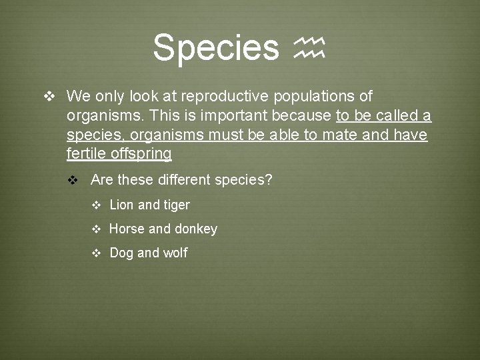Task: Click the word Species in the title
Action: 215,47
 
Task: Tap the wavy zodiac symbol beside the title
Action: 309,48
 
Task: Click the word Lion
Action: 122,205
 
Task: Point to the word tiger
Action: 177,205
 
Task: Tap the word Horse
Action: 127,229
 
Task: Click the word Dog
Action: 121,253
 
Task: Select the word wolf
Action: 175,253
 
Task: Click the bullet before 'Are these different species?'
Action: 73,181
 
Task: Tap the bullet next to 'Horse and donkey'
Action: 96,229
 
